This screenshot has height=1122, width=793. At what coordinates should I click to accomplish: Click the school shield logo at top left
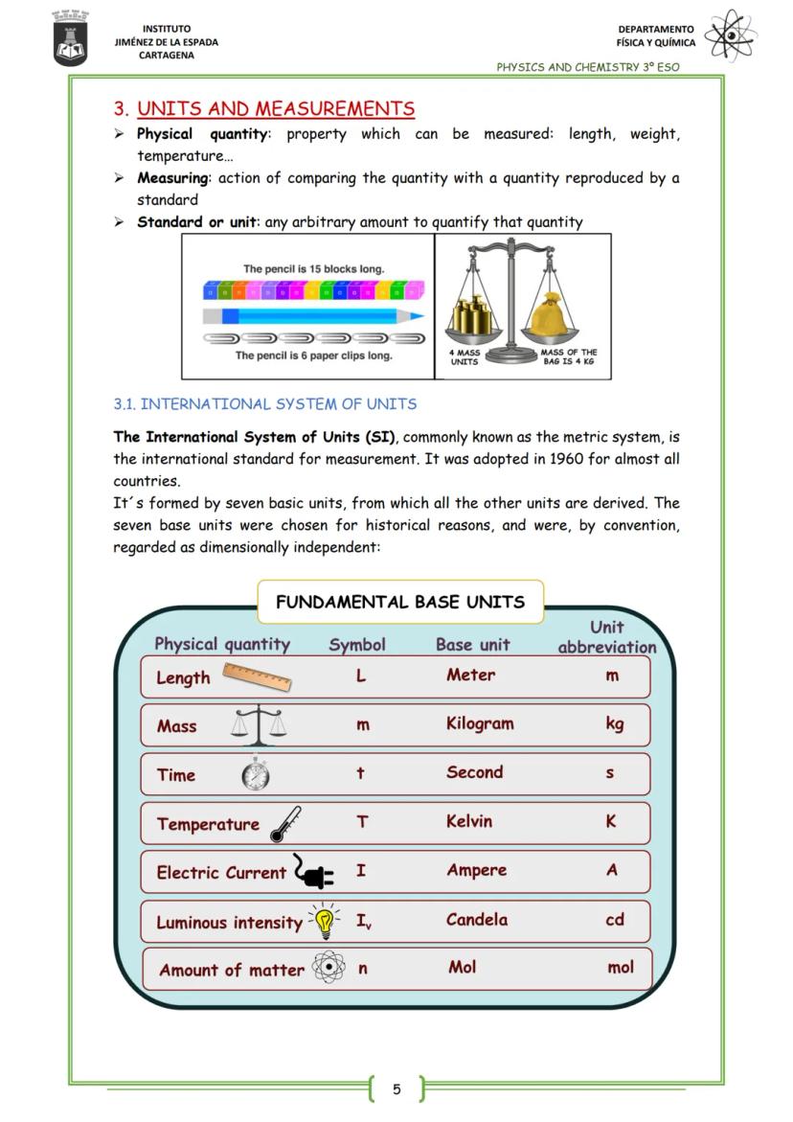point(70,39)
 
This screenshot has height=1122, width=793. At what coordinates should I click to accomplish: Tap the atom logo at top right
point(730,35)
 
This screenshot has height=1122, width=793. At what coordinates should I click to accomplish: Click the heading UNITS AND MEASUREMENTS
point(276,109)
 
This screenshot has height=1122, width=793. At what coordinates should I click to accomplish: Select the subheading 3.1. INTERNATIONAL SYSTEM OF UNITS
point(265,404)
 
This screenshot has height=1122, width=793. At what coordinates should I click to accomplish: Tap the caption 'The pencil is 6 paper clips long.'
point(314,355)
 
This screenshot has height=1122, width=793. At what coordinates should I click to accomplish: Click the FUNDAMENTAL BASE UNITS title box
point(400,602)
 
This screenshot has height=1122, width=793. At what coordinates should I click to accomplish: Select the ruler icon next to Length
point(258,676)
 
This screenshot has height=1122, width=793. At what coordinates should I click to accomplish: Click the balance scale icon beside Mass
point(259,725)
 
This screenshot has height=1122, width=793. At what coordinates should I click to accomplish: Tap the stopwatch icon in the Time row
point(256,774)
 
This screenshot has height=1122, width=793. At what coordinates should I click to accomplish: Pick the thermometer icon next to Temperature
point(284,824)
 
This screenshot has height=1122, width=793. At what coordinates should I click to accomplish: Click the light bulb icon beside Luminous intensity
point(325,921)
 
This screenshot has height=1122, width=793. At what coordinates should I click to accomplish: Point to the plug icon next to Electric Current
point(313,872)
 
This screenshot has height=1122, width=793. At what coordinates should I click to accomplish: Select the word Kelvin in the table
point(469,821)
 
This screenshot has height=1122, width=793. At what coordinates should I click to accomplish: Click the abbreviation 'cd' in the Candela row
point(615,919)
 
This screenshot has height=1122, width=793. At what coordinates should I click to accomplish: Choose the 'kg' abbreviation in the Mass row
point(615,723)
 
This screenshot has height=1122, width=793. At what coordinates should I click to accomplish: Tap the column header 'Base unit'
point(473,645)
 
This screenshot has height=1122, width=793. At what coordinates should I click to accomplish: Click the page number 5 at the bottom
point(396,1088)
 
